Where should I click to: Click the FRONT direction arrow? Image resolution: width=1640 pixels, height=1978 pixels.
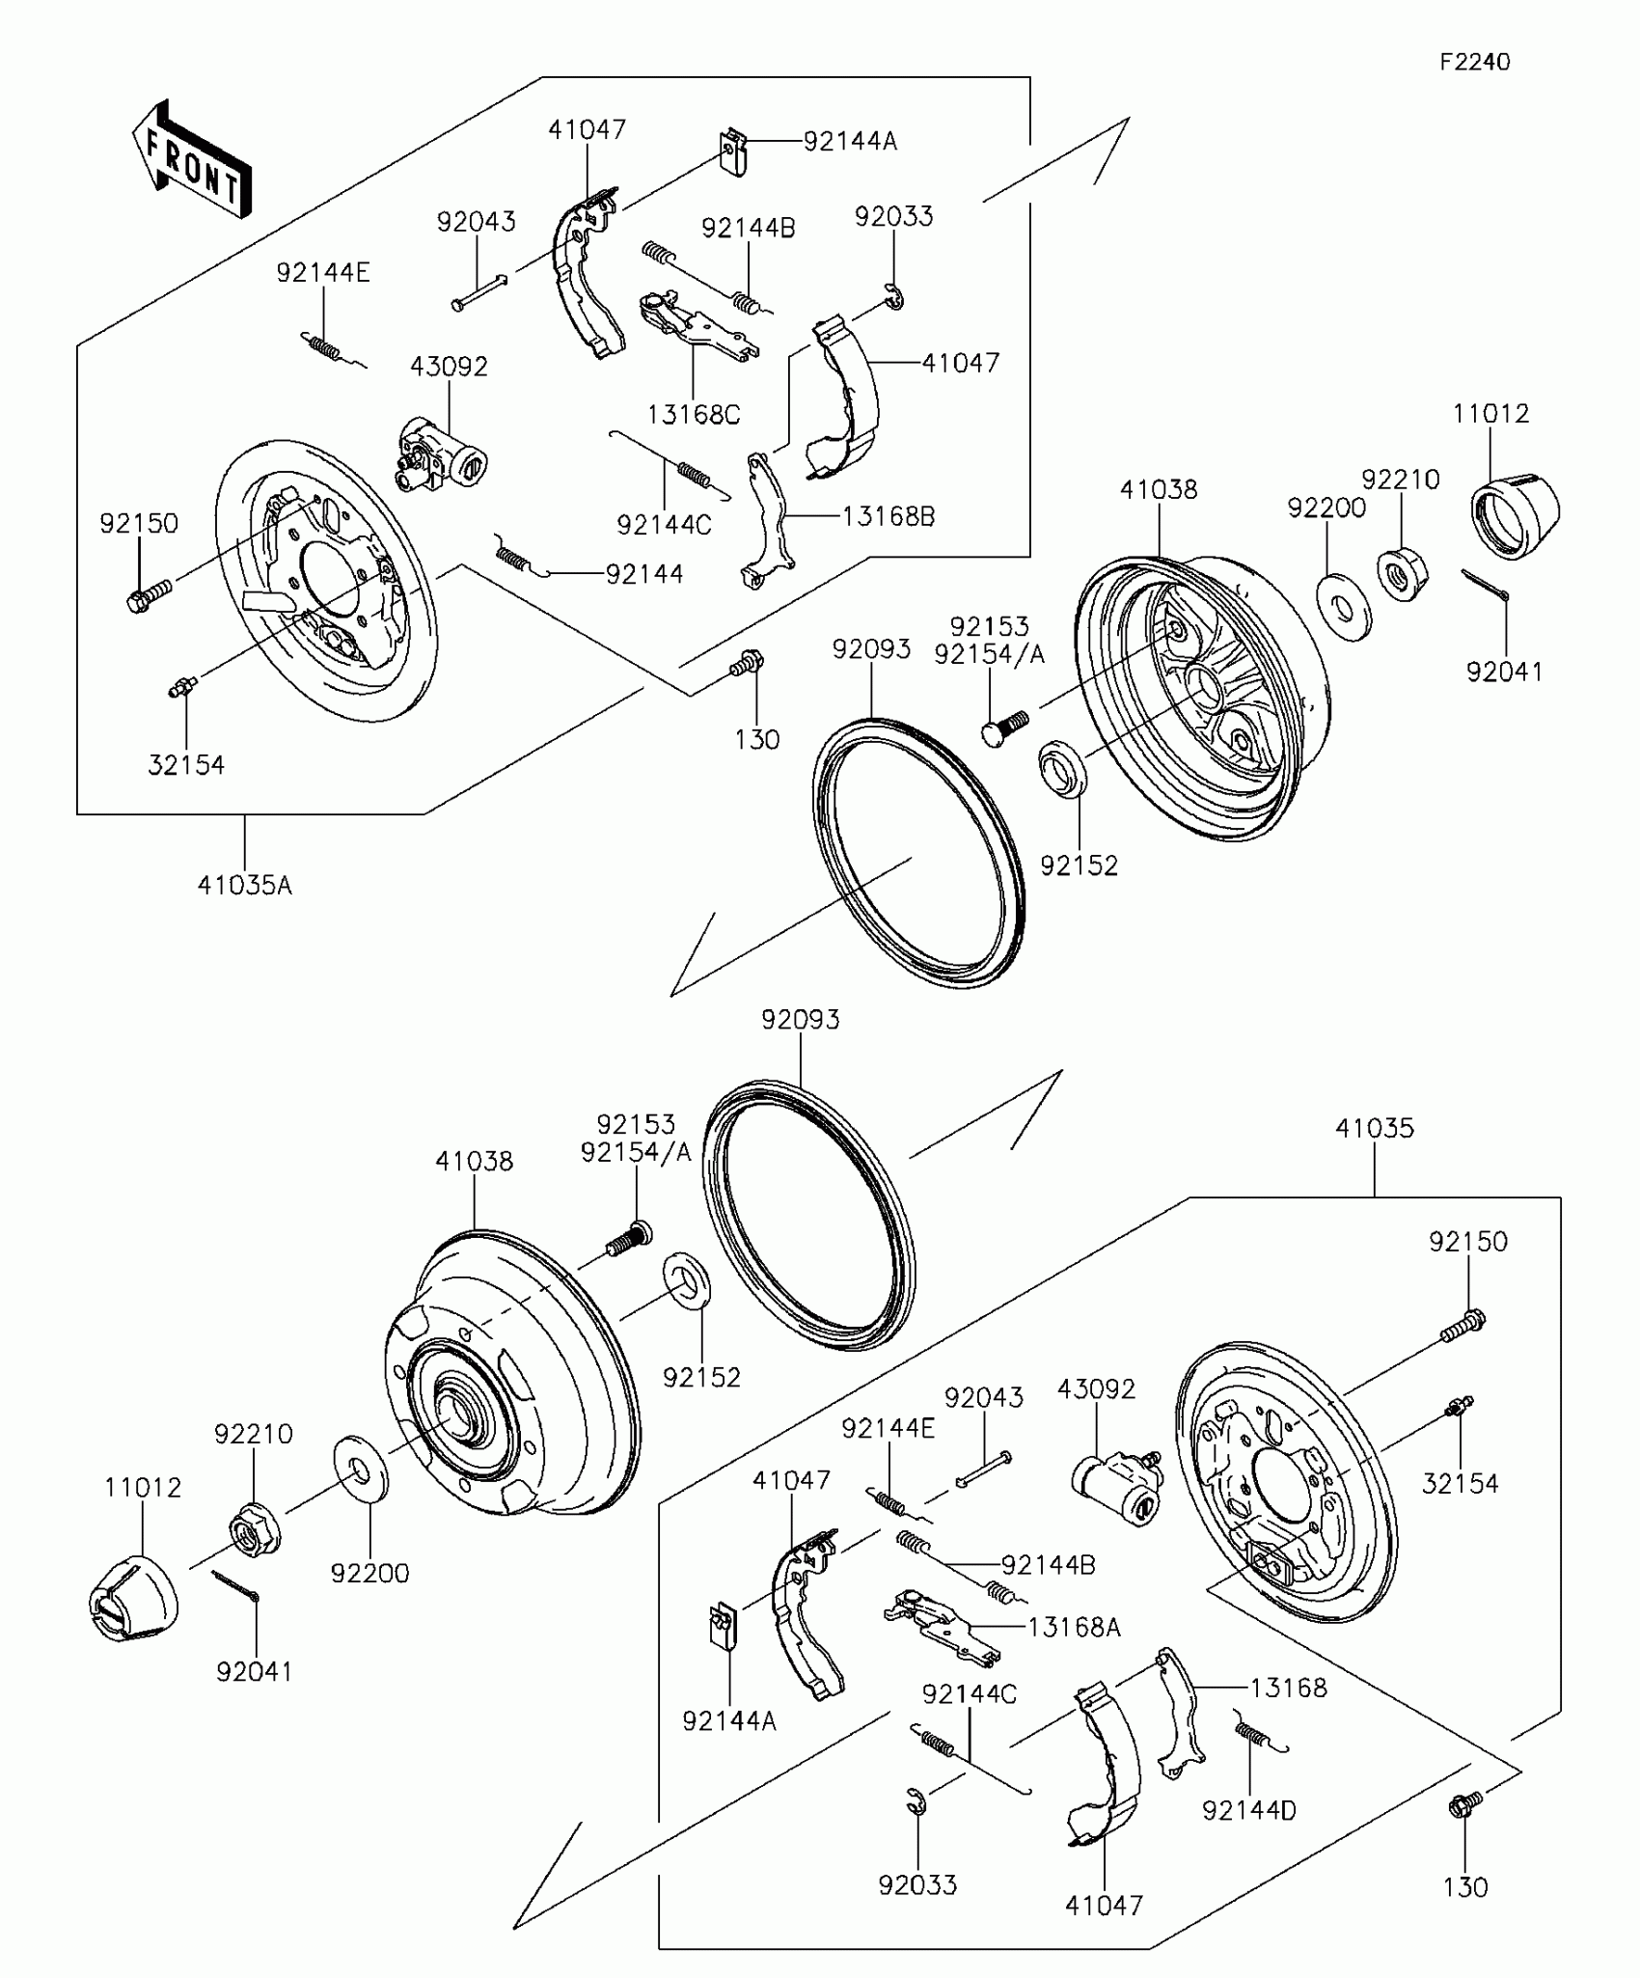tap(192, 160)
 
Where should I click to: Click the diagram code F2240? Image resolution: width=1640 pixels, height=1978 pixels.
tap(1475, 63)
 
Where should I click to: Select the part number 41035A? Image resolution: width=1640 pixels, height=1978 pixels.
tap(244, 885)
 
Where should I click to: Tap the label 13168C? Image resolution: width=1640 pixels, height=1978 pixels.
tap(694, 415)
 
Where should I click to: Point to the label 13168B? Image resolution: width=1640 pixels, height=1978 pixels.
tap(888, 516)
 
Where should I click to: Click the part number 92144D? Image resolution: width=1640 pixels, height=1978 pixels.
tap(1249, 1811)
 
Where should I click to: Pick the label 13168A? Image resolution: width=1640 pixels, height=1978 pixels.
tap(1074, 1628)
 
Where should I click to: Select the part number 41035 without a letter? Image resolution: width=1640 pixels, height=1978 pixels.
tap(1375, 1128)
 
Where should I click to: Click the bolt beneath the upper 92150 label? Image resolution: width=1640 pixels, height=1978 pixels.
tap(148, 595)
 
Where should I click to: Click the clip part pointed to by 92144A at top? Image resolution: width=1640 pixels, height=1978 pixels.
tap(734, 153)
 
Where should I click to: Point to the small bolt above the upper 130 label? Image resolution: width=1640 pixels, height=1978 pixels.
tap(747, 663)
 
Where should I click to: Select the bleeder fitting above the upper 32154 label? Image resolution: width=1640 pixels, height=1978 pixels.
tap(181, 687)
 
